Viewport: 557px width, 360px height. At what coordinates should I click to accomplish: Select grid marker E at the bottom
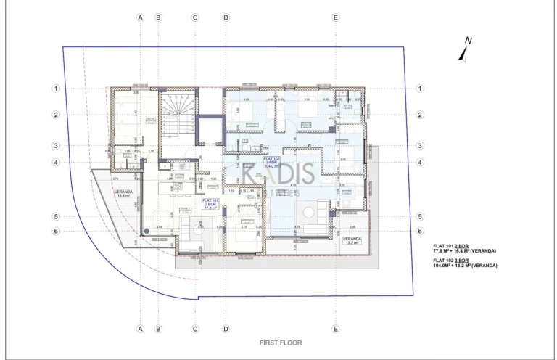click(x=335, y=328)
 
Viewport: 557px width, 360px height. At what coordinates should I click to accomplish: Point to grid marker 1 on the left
click(x=55, y=89)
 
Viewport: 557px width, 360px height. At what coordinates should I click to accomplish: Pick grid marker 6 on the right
click(x=420, y=231)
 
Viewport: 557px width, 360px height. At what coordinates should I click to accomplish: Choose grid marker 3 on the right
click(x=420, y=145)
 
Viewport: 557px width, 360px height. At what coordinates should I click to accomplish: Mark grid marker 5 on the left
click(x=55, y=216)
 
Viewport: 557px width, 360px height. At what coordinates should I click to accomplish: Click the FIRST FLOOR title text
click(x=280, y=343)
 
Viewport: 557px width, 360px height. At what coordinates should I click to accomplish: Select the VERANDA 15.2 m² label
click(x=352, y=241)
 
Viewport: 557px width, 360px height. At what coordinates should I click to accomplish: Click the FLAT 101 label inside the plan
click(x=210, y=204)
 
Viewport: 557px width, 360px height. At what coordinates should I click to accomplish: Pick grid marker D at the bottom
click(x=226, y=328)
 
